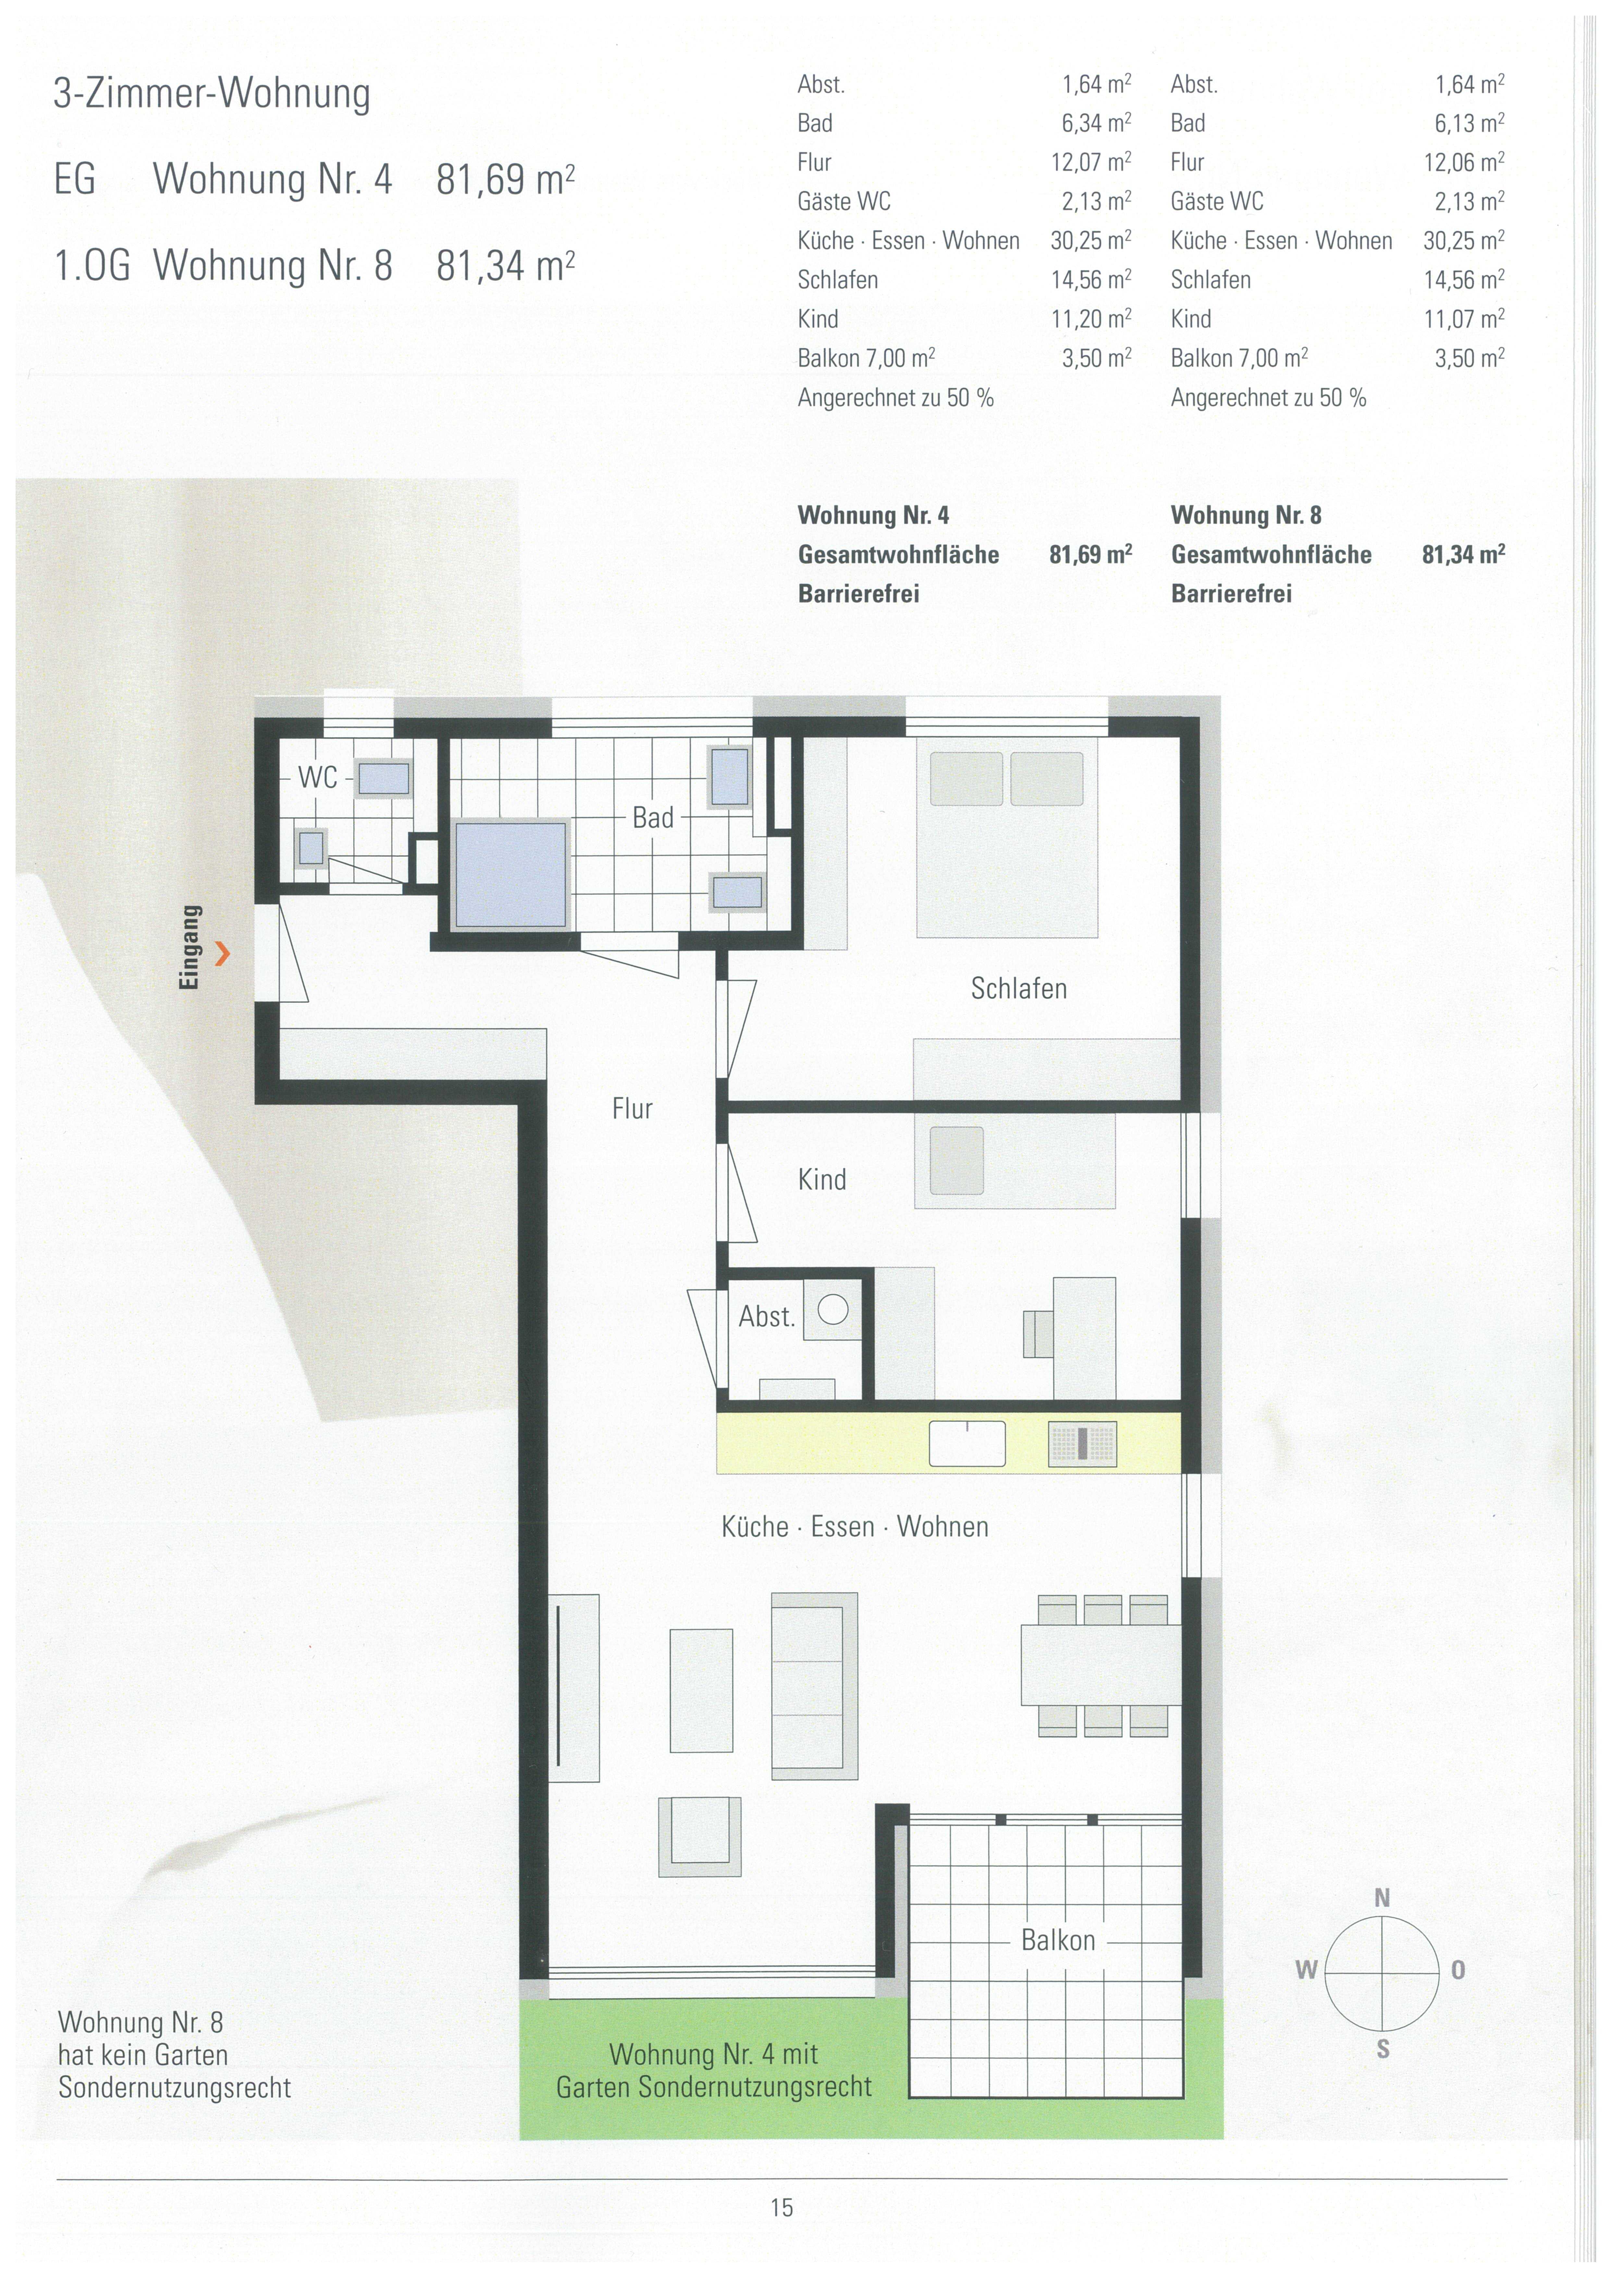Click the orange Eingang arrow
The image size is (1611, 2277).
coord(223,954)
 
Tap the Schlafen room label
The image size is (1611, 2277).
coord(1019,989)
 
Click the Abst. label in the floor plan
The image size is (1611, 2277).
coord(767,1317)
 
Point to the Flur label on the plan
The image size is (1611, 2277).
coord(632,1109)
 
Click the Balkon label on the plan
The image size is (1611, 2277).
coord(1058,1941)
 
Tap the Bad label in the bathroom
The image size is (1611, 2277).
coord(653,818)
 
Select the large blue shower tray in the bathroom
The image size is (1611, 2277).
coord(511,875)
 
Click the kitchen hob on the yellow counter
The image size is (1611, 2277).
coord(1082,1444)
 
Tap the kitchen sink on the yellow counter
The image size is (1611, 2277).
coord(967,1444)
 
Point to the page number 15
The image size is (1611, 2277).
coord(782,2208)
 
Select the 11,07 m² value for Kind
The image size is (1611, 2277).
coord(1464,318)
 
